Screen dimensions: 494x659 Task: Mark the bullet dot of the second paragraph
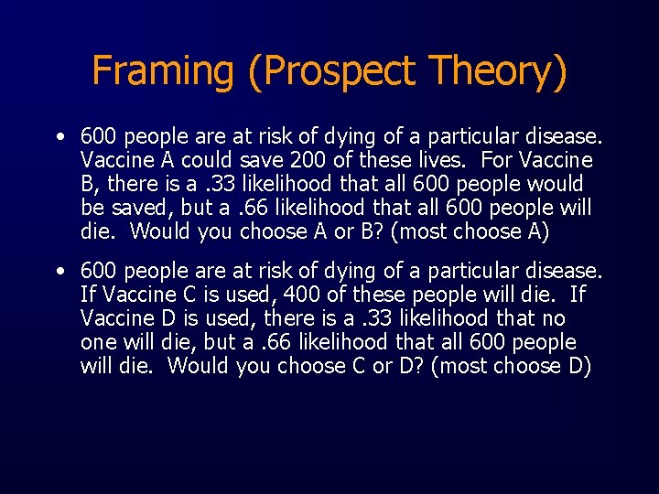[x=59, y=272]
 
